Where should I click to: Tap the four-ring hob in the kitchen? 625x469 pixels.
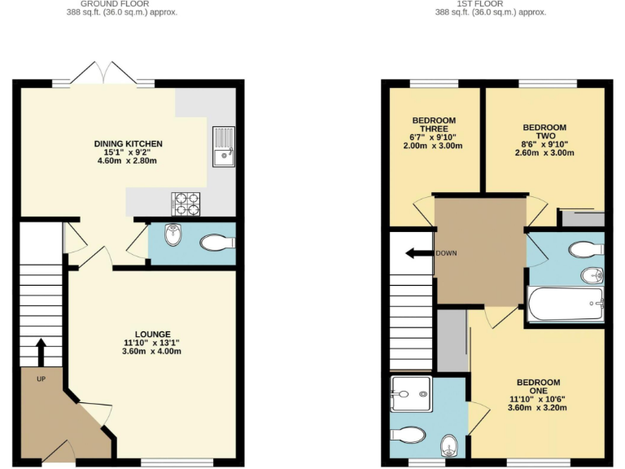[x=186, y=204]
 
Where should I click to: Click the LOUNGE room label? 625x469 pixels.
[x=153, y=334]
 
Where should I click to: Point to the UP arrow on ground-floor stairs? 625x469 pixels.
[x=41, y=353]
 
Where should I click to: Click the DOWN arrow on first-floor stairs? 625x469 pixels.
[x=418, y=253]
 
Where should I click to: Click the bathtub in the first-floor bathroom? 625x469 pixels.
[x=566, y=305]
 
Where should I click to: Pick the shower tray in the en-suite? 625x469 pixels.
[x=411, y=394]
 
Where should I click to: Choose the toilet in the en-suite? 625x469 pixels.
[x=409, y=433]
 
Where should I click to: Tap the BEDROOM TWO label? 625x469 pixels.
[x=544, y=132]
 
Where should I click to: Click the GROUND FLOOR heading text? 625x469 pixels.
[x=121, y=4]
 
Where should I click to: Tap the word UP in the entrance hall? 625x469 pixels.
[x=41, y=379]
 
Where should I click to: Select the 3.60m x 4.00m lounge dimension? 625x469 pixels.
[x=153, y=352]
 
